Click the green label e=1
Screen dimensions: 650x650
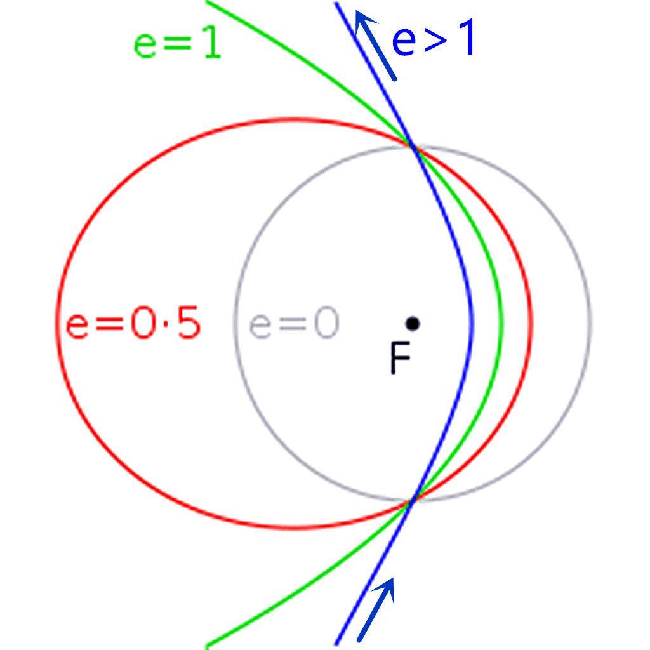point(177,45)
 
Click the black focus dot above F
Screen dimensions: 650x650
point(413,323)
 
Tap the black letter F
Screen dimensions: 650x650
point(400,357)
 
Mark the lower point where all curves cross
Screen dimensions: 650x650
point(413,500)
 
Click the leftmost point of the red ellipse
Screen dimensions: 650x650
point(58,323)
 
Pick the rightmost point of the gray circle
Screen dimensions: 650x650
point(590,323)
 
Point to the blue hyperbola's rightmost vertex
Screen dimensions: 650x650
point(472,323)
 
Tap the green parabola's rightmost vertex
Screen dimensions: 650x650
point(501,323)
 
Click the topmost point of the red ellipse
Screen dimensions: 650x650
point(293,120)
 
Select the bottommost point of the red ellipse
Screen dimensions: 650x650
point(293,527)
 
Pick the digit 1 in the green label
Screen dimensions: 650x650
point(212,45)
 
